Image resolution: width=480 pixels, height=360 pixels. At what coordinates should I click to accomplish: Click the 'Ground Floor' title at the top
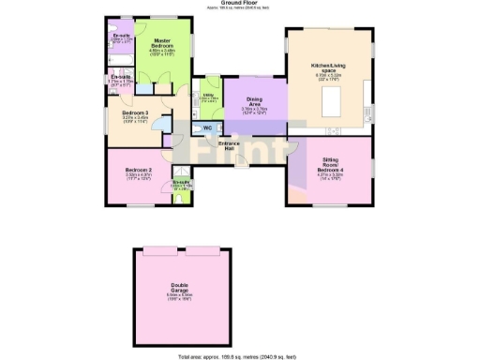click(240, 3)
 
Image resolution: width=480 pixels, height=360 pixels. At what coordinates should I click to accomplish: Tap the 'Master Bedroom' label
click(169, 43)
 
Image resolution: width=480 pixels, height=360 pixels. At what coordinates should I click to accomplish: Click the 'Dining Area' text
click(254, 100)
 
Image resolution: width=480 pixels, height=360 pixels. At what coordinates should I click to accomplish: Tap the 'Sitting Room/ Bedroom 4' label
click(330, 165)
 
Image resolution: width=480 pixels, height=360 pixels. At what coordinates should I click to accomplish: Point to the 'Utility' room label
click(207, 95)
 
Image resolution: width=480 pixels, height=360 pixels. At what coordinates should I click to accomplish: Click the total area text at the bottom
click(241, 356)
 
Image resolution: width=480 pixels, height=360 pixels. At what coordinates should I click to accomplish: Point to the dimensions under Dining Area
click(254, 111)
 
